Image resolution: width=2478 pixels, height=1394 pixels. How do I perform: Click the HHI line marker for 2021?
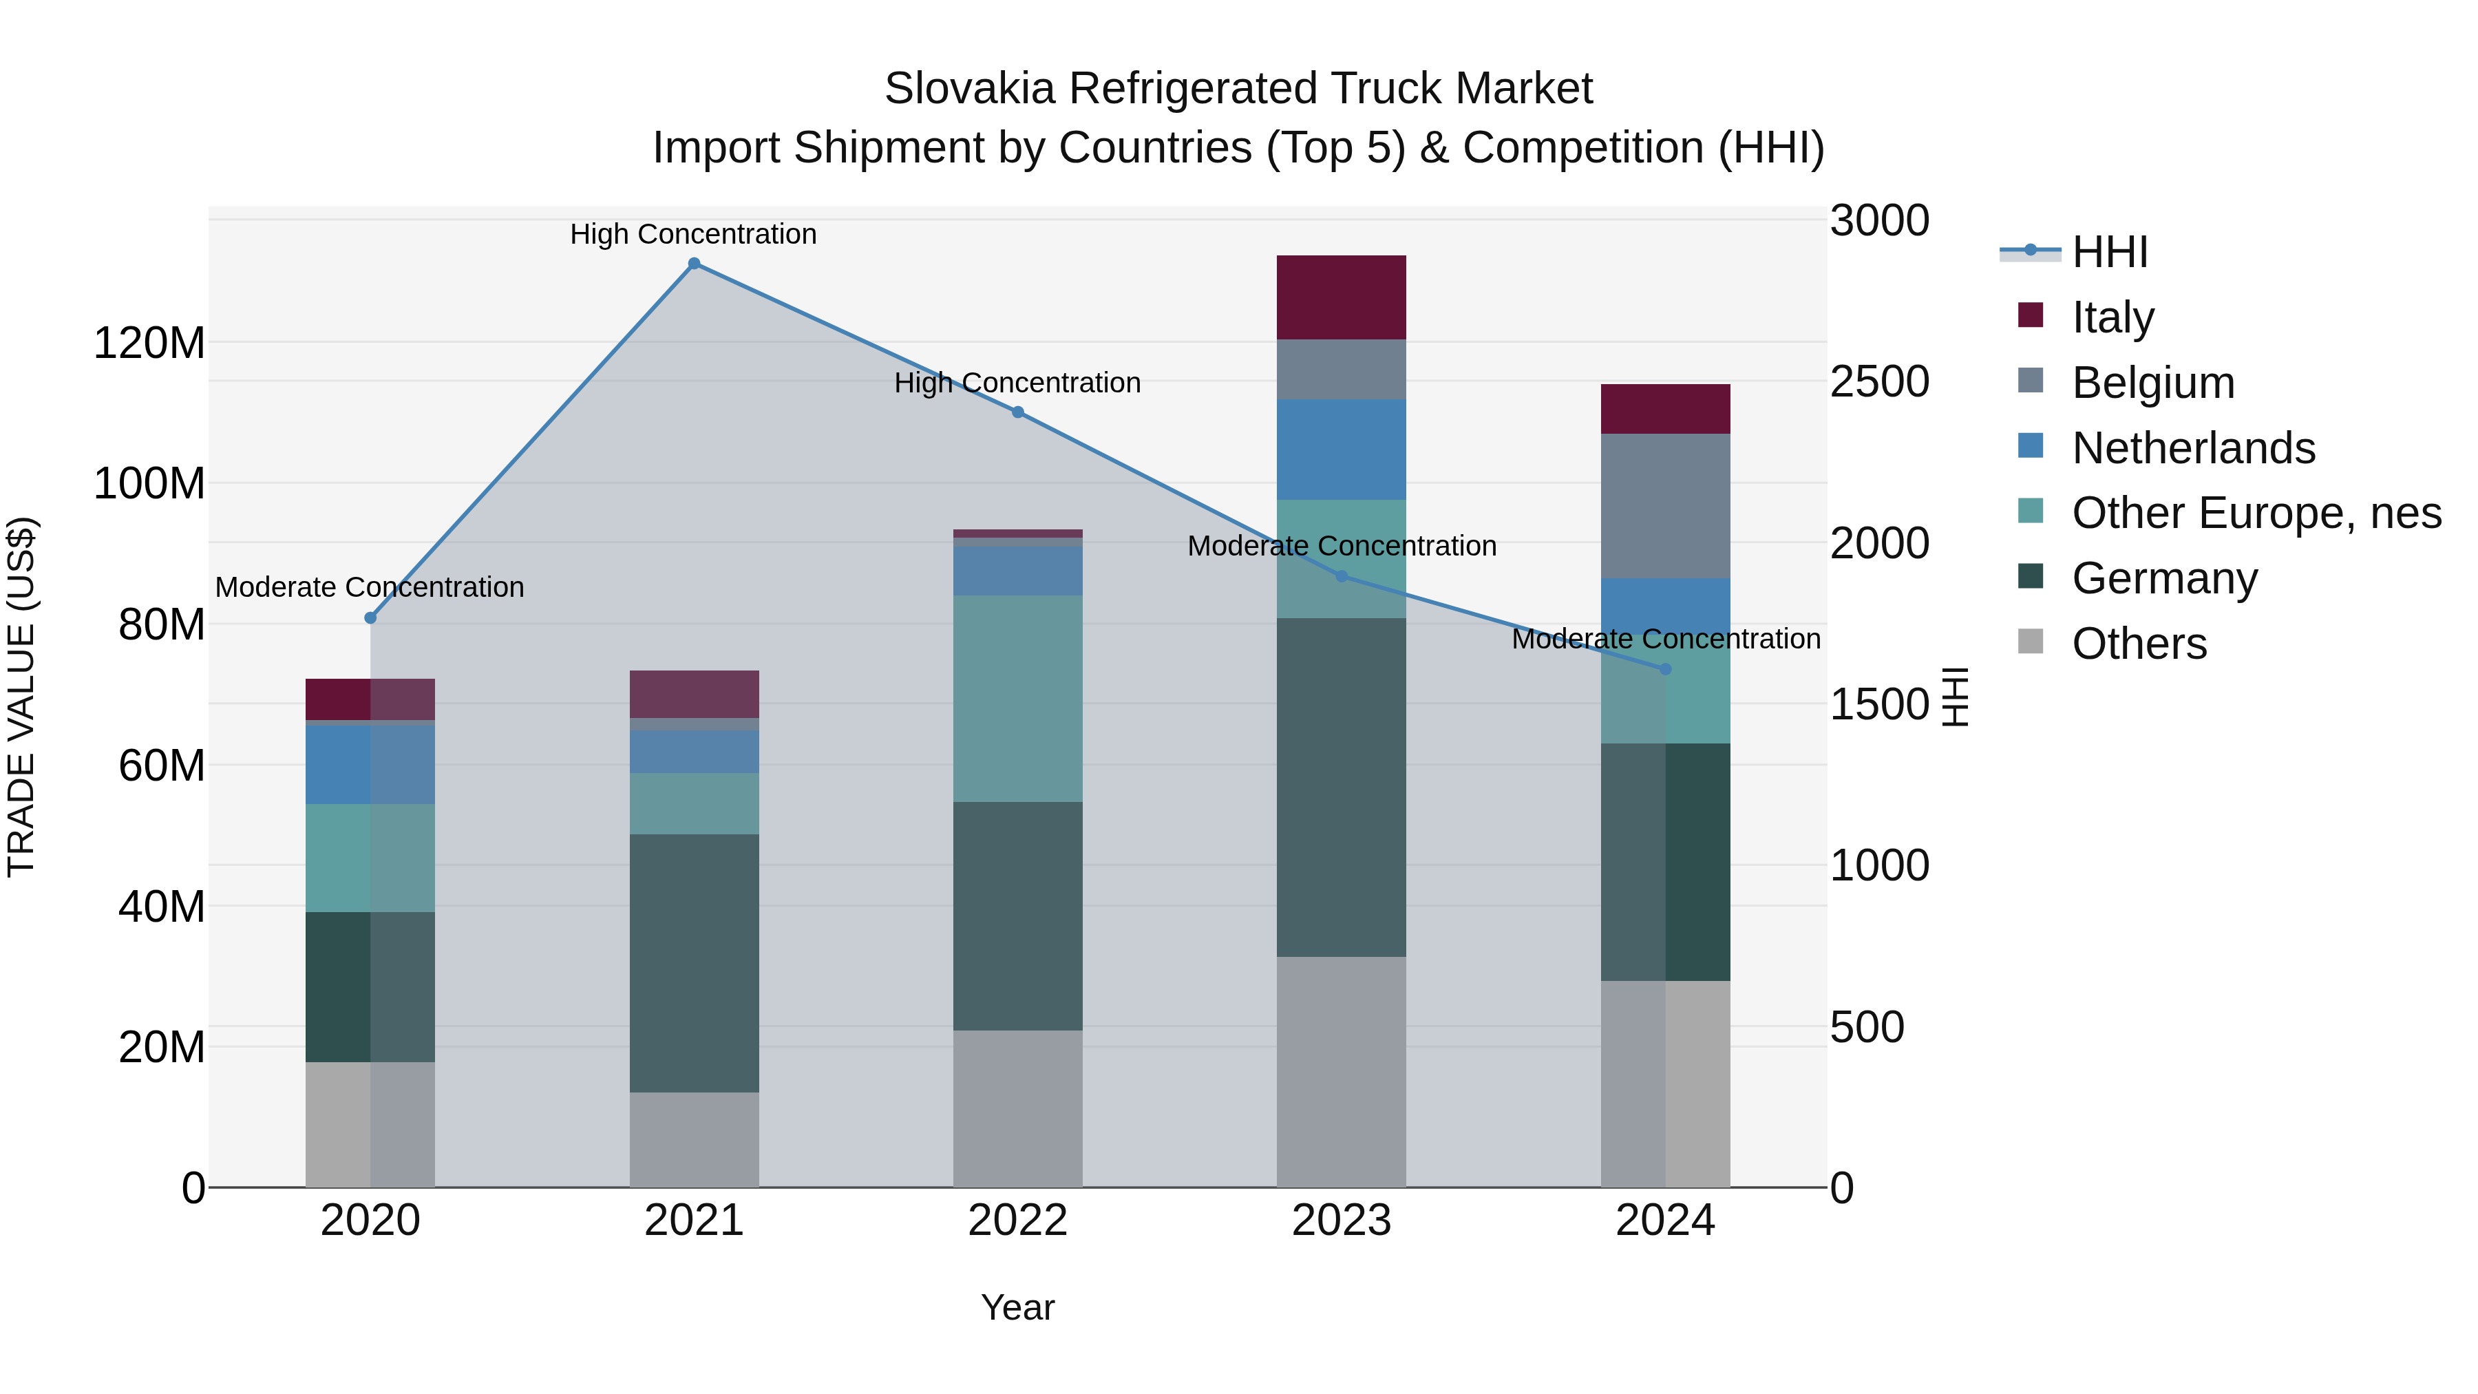point(694,264)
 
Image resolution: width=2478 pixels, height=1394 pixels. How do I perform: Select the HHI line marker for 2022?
point(1018,412)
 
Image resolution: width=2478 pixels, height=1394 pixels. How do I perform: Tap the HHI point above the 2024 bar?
point(1665,668)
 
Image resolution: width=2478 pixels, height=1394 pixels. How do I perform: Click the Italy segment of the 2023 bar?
point(1341,297)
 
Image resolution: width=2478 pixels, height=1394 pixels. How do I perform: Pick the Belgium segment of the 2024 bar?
point(1665,505)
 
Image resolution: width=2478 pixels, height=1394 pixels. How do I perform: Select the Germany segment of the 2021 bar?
point(694,962)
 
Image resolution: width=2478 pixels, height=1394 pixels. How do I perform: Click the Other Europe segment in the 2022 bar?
point(1018,699)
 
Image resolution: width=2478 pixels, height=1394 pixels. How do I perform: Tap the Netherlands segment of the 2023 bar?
point(1341,450)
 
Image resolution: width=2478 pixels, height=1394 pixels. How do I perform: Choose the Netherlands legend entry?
point(2192,448)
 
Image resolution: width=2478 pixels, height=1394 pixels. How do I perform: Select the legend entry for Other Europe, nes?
point(2256,513)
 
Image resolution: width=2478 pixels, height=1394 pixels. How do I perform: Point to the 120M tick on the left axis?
point(149,344)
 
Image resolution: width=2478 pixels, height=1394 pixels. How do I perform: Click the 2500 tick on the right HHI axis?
point(1878,382)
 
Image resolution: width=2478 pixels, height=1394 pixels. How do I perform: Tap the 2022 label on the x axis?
point(1018,1221)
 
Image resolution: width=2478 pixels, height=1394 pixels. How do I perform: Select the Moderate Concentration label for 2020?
point(370,587)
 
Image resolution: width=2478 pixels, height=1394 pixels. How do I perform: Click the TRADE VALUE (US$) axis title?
point(21,697)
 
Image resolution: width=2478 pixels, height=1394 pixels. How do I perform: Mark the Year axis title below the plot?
point(1018,1307)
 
